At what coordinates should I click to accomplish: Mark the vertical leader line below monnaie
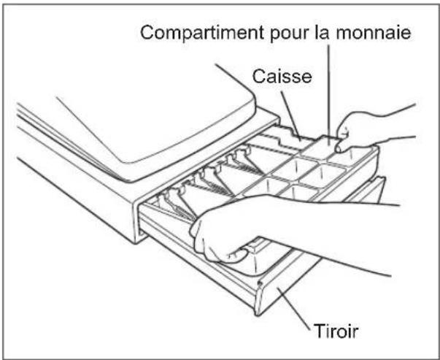329,95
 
